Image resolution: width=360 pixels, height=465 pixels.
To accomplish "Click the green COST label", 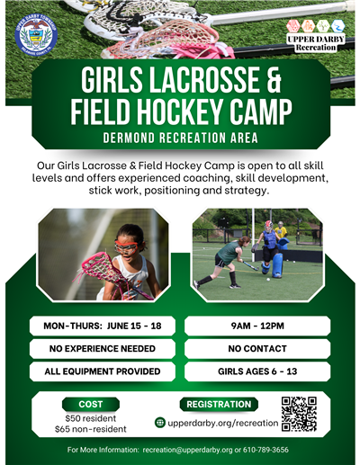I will point(91,405).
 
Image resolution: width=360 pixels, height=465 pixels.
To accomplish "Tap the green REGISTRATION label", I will point(219,405).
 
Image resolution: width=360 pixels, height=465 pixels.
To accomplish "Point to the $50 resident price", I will point(91,418).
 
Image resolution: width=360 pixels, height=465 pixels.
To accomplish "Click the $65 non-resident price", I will point(91,430).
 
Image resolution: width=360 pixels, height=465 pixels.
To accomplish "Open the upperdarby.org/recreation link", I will point(223,422).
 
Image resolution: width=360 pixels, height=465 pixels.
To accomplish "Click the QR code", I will point(299,415).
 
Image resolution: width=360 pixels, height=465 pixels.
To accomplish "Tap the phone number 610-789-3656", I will point(262,450).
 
